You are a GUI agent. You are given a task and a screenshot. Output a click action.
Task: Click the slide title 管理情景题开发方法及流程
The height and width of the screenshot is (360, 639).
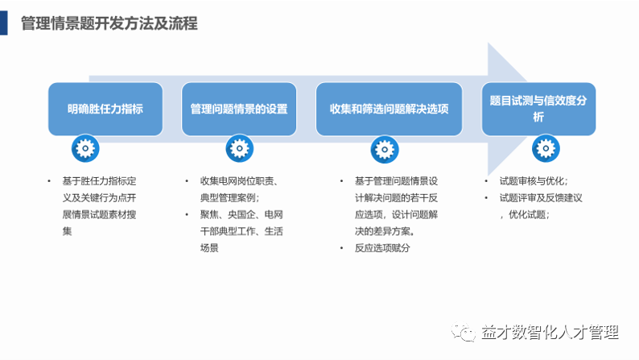(x=109, y=23)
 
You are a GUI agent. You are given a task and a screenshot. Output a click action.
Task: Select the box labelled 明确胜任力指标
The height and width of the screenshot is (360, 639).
(x=105, y=109)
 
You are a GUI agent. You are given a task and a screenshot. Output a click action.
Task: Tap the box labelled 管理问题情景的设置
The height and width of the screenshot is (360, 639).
(x=239, y=109)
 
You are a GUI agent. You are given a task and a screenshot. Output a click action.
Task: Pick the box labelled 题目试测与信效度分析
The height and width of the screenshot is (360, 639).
(x=538, y=109)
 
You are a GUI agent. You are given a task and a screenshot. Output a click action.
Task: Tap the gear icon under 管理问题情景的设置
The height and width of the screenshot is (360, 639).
(x=238, y=148)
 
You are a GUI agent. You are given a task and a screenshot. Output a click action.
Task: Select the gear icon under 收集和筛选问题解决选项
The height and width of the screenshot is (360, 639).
(x=384, y=148)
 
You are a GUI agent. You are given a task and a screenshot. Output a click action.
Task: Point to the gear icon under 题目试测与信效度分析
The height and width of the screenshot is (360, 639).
(x=546, y=148)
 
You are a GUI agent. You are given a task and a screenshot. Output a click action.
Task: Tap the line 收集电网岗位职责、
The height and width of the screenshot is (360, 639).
(x=239, y=181)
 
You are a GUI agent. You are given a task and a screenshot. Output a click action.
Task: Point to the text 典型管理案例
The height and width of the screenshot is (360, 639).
(x=229, y=197)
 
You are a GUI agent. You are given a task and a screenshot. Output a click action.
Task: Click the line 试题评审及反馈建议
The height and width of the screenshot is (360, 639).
(x=540, y=197)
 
